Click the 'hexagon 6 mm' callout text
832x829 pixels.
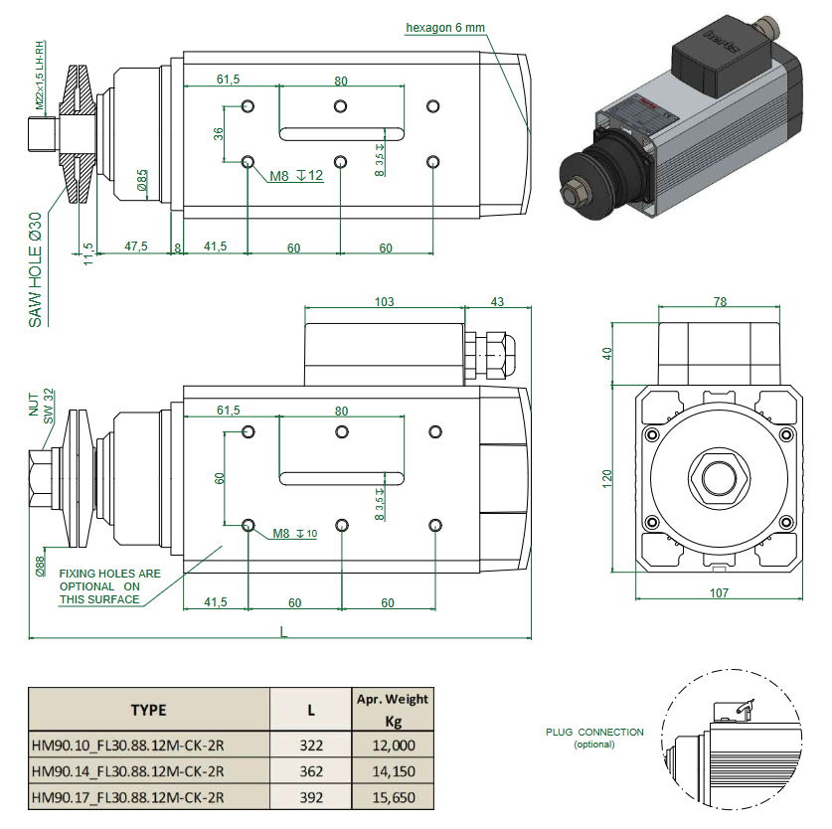point(444,28)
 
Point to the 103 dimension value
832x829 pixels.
point(384,301)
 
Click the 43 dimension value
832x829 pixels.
point(497,301)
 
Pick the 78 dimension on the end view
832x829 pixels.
point(721,301)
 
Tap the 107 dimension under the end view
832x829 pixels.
point(719,593)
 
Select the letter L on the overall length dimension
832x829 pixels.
point(284,633)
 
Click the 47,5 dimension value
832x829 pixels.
point(136,247)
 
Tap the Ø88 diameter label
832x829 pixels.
point(41,566)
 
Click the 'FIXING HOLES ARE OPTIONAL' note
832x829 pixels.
point(109,586)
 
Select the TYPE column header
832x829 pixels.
point(148,710)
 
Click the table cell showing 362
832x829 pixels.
point(311,770)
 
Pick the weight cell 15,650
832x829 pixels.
point(392,797)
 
